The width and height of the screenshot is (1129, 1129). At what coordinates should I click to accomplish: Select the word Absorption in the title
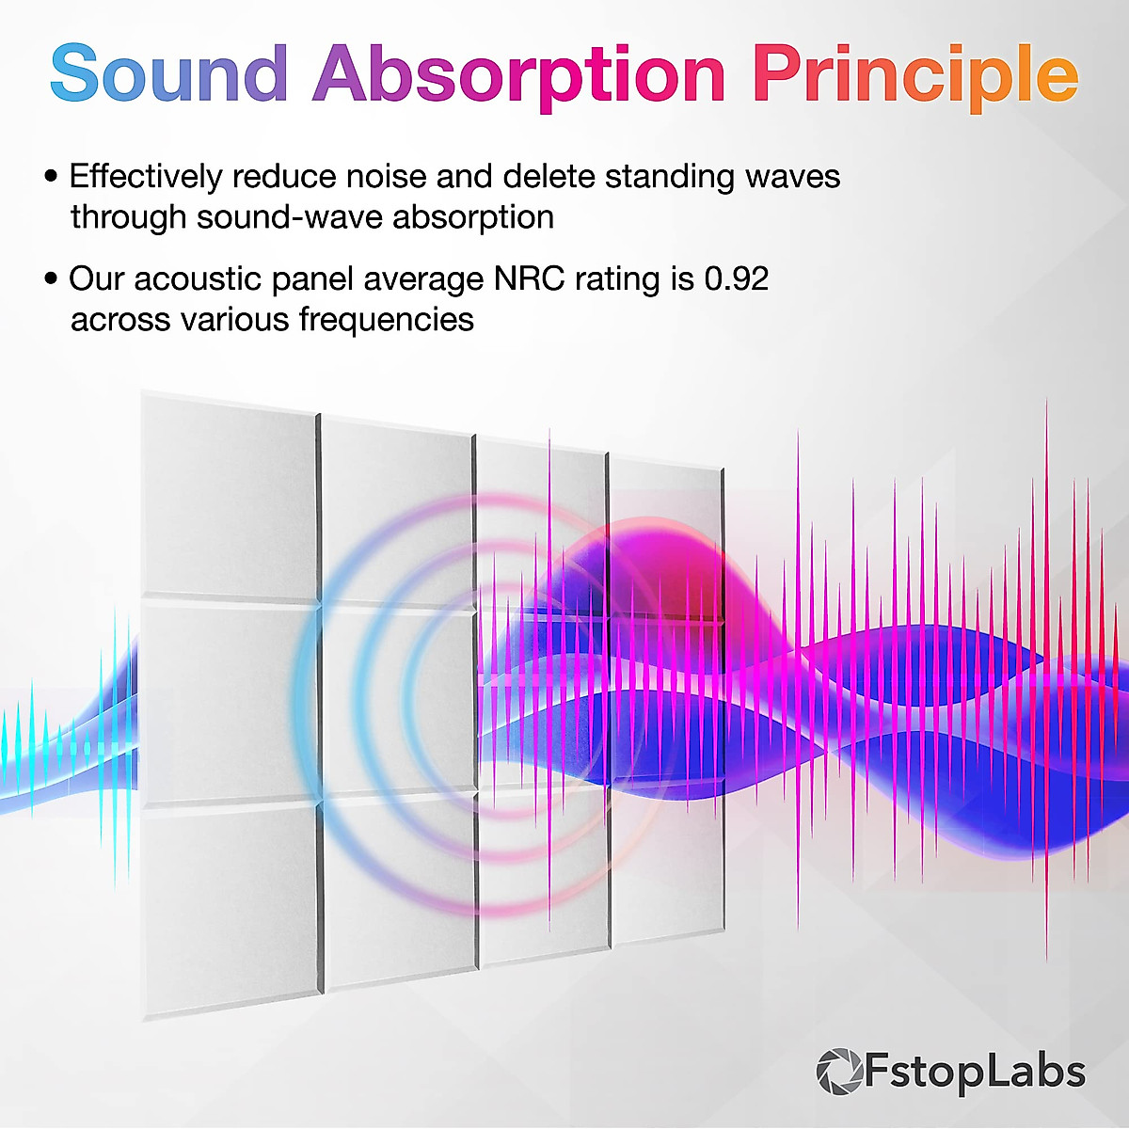[x=518, y=75]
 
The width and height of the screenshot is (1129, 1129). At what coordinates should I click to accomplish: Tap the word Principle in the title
[x=914, y=75]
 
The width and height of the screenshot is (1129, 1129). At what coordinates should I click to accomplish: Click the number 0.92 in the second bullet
[x=737, y=279]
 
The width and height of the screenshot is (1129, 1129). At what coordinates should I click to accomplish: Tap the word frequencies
[x=386, y=321]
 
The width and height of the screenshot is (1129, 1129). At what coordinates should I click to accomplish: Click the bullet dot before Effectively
[x=51, y=177]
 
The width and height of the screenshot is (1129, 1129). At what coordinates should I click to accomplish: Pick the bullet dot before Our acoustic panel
[x=51, y=279]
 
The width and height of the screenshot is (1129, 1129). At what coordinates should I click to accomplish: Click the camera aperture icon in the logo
[x=838, y=1073]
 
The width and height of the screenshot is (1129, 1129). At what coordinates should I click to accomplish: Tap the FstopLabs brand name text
[x=974, y=1073]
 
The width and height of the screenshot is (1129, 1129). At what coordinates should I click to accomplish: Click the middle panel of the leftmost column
[x=228, y=701]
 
